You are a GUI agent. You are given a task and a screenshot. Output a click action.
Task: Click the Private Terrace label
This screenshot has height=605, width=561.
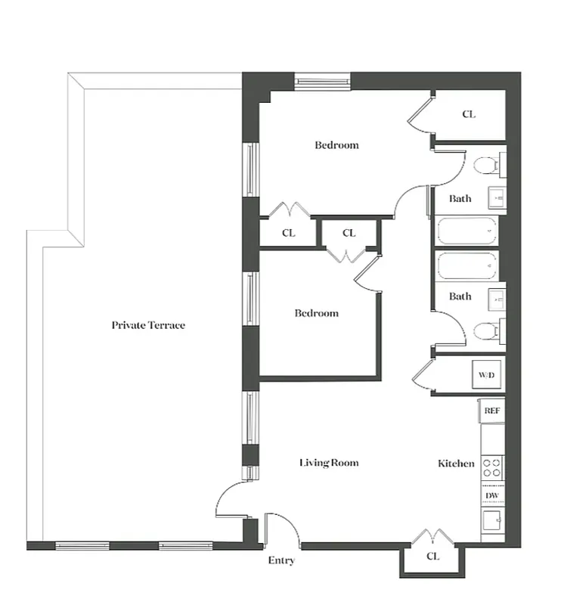(x=148, y=325)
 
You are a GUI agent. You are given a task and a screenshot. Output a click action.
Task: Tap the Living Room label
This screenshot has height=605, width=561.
(x=328, y=463)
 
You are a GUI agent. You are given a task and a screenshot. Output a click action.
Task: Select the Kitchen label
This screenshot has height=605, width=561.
(x=456, y=463)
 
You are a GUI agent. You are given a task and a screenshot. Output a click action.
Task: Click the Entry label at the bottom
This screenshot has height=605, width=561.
(x=281, y=560)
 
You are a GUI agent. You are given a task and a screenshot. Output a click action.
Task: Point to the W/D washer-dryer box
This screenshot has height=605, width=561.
(x=486, y=374)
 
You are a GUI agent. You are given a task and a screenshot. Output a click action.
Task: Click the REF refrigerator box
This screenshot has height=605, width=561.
(x=491, y=411)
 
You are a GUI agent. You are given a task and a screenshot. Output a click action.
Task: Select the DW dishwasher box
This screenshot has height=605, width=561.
(x=492, y=495)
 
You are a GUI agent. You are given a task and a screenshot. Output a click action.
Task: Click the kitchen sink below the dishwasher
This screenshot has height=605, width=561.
(x=492, y=522)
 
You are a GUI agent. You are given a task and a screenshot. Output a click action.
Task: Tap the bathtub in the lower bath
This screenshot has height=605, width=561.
(x=467, y=265)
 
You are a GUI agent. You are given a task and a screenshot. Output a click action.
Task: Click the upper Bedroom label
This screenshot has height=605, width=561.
(x=336, y=144)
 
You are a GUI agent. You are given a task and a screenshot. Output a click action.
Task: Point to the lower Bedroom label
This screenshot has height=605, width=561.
(x=316, y=313)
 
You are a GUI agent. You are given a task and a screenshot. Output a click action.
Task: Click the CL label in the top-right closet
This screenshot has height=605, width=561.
(x=469, y=115)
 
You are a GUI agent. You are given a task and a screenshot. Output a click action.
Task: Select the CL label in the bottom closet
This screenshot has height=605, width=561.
(x=432, y=556)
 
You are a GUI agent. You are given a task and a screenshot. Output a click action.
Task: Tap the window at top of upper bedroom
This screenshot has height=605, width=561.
(x=322, y=79)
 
